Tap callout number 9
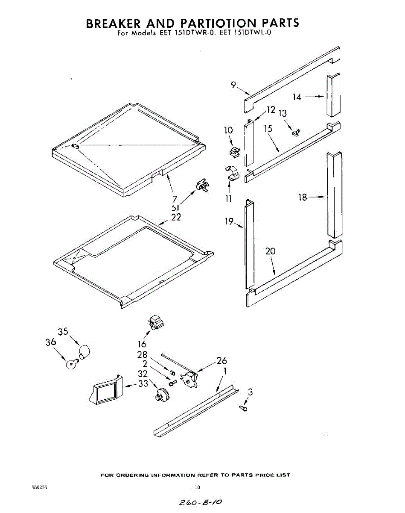[233, 85]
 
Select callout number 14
[297, 97]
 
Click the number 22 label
[176, 217]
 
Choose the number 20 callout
[271, 251]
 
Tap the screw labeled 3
[244, 408]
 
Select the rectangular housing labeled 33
[105, 390]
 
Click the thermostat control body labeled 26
[189, 379]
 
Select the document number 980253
[39, 487]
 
